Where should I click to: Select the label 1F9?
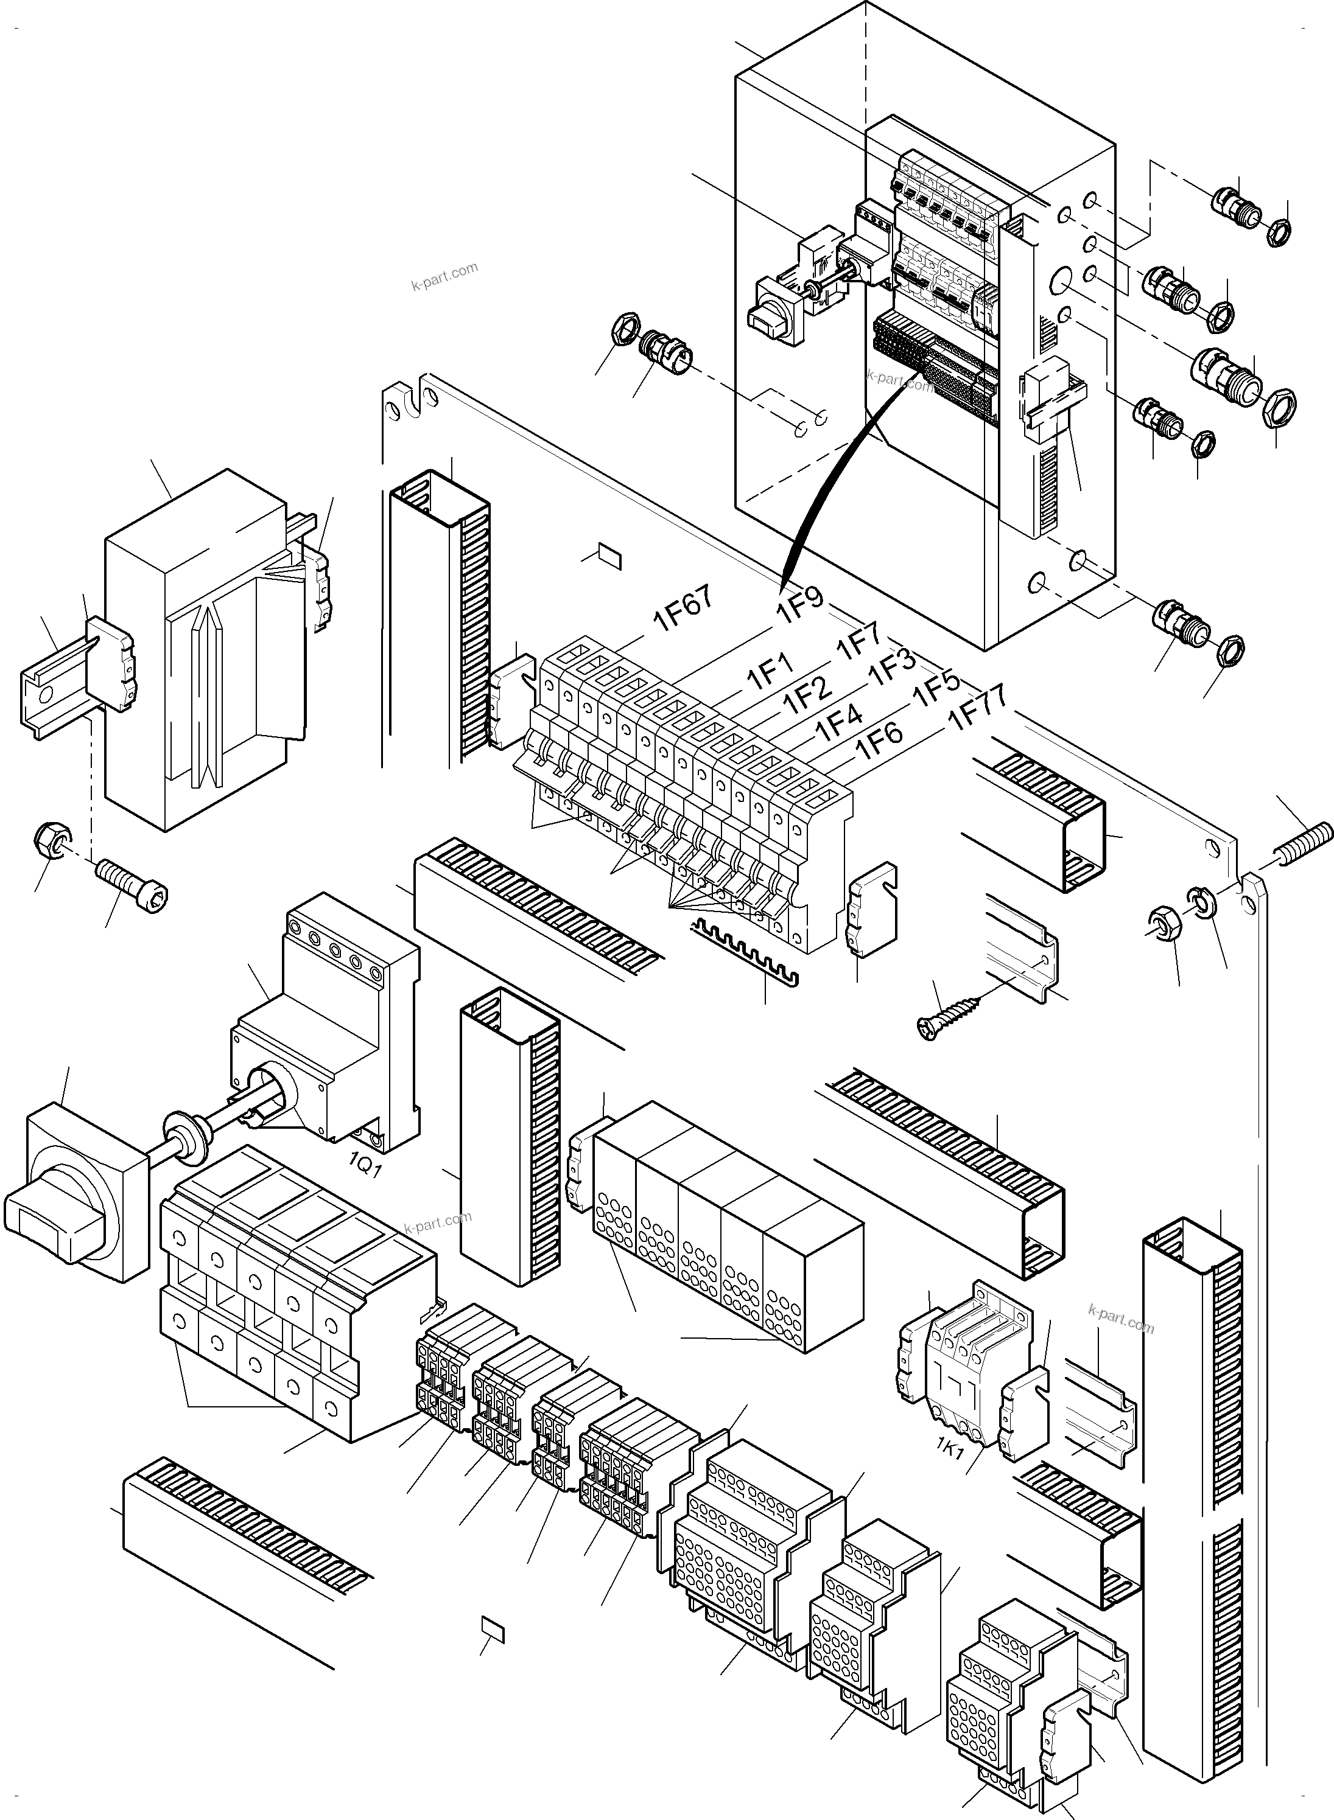coord(799,604)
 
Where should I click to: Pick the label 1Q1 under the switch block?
coord(364,1165)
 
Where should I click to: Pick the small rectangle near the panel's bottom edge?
coord(492,1628)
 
